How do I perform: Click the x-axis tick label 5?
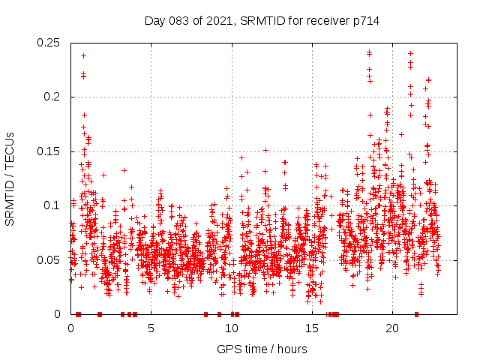click(x=151, y=328)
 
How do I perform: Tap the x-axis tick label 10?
click(x=231, y=328)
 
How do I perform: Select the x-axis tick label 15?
click(x=311, y=328)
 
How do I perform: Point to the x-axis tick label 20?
click(x=391, y=328)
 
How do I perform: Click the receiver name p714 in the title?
click(x=367, y=20)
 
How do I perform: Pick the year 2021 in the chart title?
click(x=216, y=20)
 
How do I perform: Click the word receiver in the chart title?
click(x=328, y=20)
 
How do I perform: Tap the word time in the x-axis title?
click(x=253, y=349)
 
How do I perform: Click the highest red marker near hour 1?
click(x=83, y=55)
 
